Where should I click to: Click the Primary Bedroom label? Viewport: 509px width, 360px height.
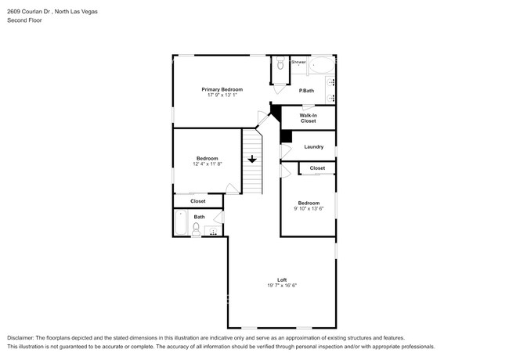point(222,89)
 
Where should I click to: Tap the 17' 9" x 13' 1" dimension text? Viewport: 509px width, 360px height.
point(222,95)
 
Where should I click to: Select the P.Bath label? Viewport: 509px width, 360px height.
point(306,91)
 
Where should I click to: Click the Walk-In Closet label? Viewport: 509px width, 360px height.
point(308,118)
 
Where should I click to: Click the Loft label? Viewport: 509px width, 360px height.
point(281,279)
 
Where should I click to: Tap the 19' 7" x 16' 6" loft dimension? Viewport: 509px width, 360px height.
point(281,286)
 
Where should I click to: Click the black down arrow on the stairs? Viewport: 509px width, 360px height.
point(251,159)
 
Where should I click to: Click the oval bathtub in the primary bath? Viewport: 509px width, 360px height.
point(321,64)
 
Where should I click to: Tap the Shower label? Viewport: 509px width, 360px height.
point(298,61)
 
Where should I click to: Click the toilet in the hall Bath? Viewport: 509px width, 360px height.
point(196,228)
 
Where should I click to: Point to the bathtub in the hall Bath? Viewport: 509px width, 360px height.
point(181,226)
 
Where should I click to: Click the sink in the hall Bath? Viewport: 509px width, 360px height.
point(212,232)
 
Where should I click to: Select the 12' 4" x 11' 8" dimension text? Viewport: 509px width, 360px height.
point(207,164)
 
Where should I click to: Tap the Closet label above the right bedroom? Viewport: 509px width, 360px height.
point(317,168)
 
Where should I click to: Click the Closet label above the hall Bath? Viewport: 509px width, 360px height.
point(198,201)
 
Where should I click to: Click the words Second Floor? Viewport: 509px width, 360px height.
point(25,20)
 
